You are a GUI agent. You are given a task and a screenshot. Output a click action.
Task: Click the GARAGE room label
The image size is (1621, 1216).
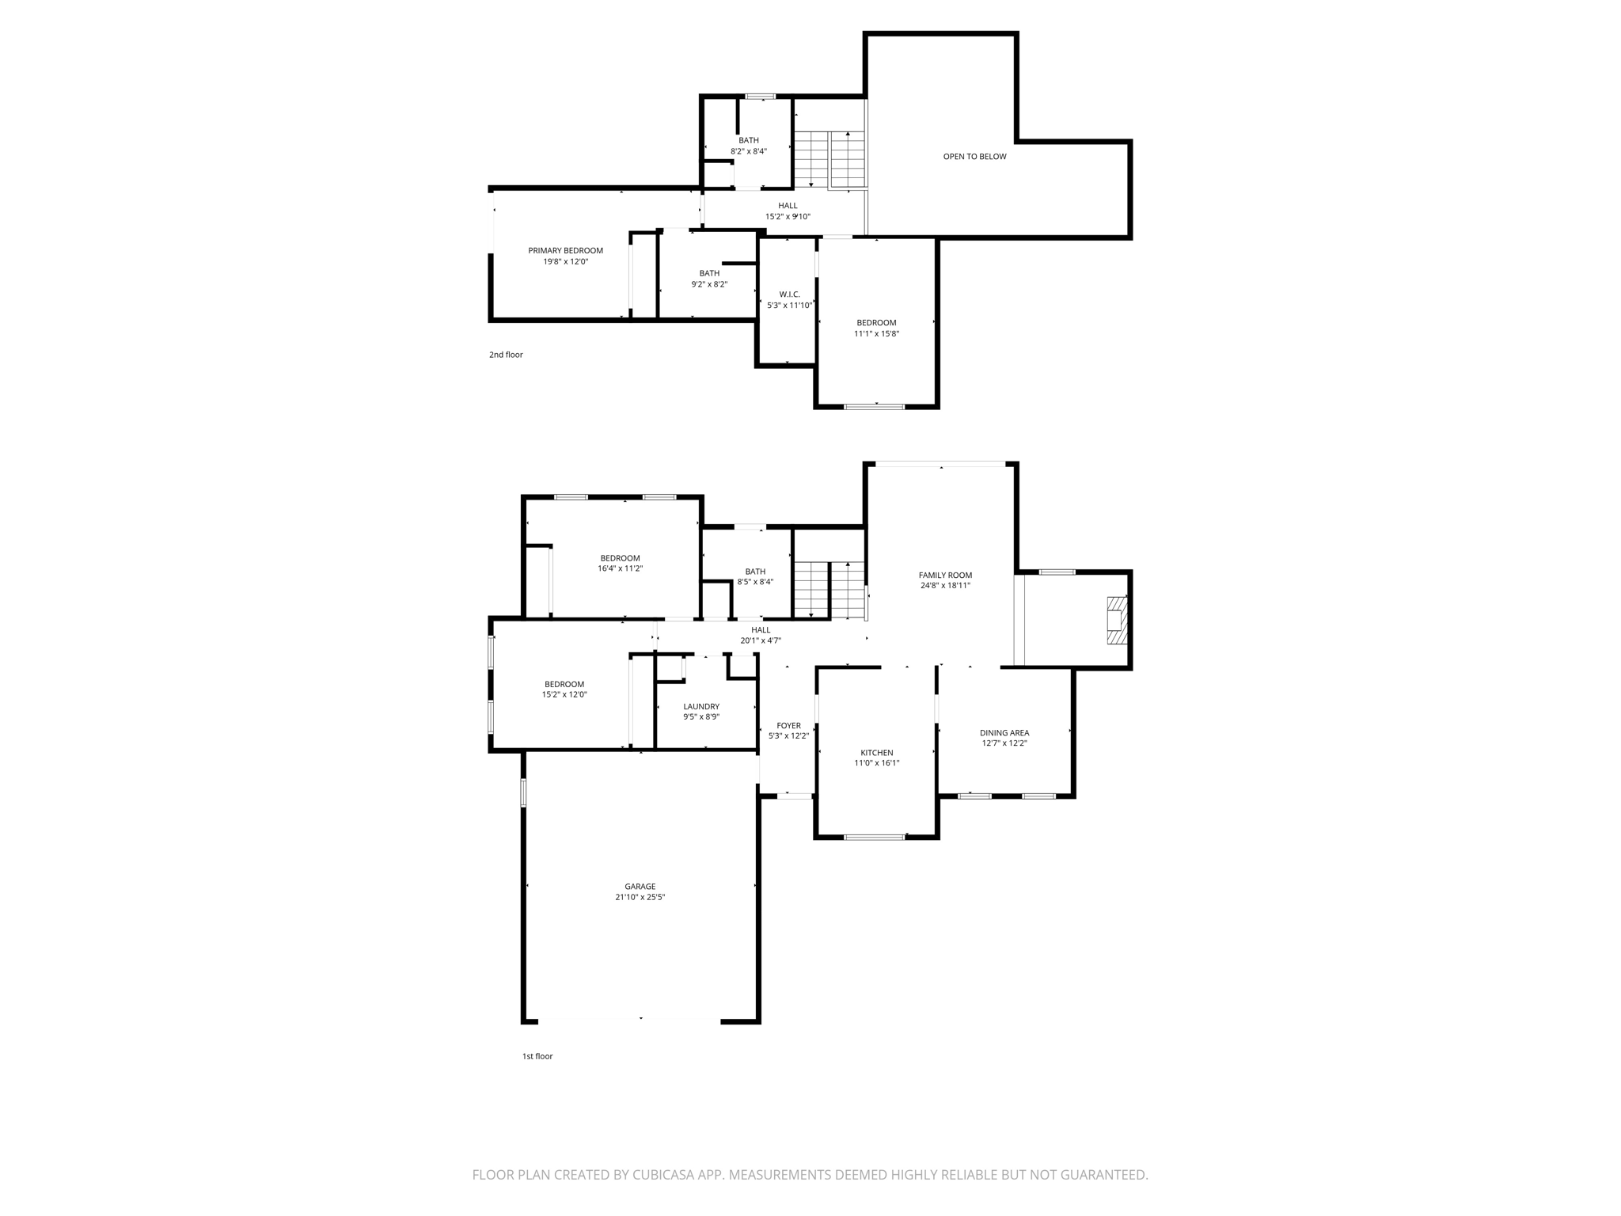640,887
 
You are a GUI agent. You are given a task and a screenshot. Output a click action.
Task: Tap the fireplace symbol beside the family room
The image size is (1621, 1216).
1115,613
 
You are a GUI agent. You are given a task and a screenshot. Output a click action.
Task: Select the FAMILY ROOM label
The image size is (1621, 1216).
945,576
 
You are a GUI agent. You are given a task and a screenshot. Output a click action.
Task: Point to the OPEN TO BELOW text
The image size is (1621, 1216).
974,157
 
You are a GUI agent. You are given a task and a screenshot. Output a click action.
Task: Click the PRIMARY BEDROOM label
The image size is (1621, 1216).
565,251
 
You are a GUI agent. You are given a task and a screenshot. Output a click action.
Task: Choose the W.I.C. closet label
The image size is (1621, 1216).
789,294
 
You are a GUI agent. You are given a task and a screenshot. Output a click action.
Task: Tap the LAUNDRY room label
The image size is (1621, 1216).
701,707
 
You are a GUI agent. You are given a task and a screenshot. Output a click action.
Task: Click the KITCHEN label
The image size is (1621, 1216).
876,753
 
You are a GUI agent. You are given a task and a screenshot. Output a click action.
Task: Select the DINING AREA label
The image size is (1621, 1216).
1004,733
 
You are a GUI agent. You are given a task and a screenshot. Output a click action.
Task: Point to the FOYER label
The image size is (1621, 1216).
788,726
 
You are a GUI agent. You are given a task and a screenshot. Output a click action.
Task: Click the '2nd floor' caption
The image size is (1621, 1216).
506,355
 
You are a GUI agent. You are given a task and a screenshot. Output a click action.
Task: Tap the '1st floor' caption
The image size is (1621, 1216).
537,1056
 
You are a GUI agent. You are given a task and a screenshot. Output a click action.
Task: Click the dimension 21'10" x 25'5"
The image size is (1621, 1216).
640,898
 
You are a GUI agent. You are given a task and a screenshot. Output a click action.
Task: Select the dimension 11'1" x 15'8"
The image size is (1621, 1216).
876,334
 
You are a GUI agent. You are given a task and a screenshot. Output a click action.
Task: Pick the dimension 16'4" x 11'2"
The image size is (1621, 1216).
620,568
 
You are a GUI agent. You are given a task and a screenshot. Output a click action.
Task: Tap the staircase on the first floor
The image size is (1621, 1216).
829,589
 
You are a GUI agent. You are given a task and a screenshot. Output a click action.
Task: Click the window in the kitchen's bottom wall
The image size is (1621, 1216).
875,836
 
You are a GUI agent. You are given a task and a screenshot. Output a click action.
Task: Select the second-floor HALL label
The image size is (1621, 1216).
788,206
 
